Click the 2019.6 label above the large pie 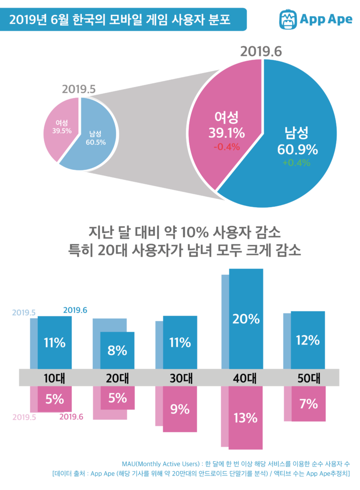pyautogui.click(x=262, y=52)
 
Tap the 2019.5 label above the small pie pyautogui.click(x=79, y=89)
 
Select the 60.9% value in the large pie pyautogui.click(x=297, y=149)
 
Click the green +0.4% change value pyautogui.click(x=296, y=162)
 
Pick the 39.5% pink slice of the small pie pyautogui.click(x=60, y=127)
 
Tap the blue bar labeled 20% pyautogui.click(x=246, y=318)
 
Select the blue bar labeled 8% pyautogui.click(x=117, y=350)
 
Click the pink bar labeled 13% pyautogui.click(x=246, y=417)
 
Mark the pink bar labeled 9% pyautogui.click(x=180, y=409)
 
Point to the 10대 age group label pyautogui.click(x=54, y=378)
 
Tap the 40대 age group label pyautogui.click(x=246, y=378)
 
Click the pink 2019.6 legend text pyautogui.click(x=71, y=416)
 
